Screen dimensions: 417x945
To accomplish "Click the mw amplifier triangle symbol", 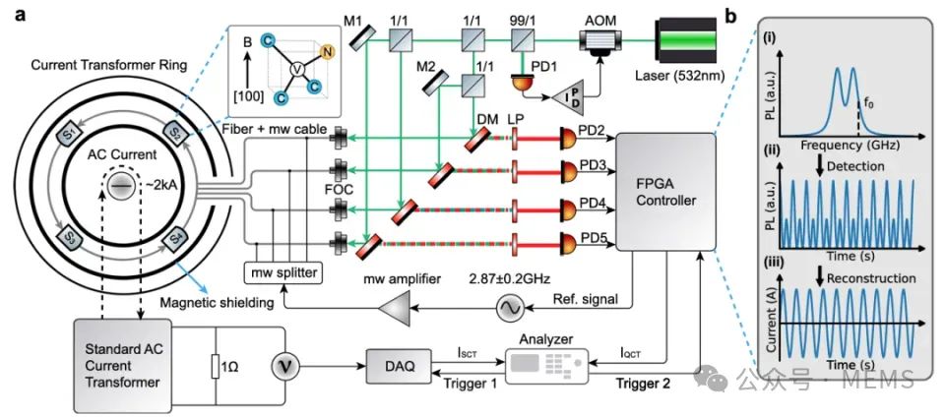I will pyautogui.click(x=394, y=311).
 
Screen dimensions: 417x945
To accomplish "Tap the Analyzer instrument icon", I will pyautogui.click(x=542, y=367).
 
